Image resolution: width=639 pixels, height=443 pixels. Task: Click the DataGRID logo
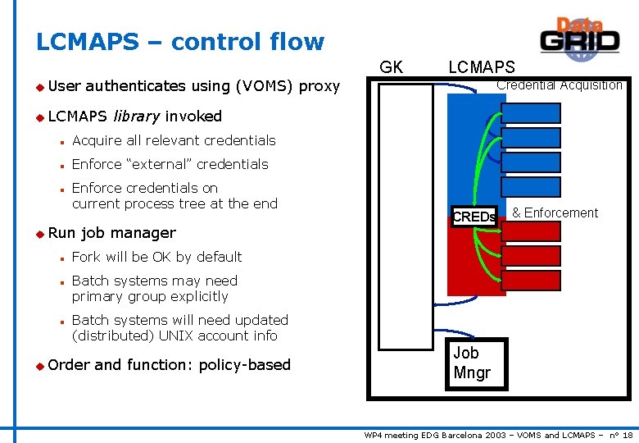point(579,37)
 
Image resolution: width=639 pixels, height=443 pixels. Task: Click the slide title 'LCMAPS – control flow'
point(180,42)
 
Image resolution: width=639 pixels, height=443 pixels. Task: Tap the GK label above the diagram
point(392,67)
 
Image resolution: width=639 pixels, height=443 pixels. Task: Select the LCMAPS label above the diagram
point(482,67)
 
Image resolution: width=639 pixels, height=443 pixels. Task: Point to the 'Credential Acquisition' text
point(560,85)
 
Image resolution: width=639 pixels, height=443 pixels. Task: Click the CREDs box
point(474,217)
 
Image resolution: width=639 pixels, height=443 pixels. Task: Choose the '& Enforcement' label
point(555,213)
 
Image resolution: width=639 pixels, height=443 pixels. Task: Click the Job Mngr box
point(475,363)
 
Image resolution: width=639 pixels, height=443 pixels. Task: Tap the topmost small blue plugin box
point(531,114)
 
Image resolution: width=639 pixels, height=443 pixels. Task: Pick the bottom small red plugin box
point(531,281)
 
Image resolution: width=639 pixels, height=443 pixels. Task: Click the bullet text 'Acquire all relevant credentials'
point(174,140)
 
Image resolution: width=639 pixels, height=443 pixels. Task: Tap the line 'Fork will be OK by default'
point(156,257)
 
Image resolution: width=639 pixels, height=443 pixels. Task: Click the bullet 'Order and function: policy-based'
point(169,364)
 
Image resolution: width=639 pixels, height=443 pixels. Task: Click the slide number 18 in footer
point(627,435)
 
